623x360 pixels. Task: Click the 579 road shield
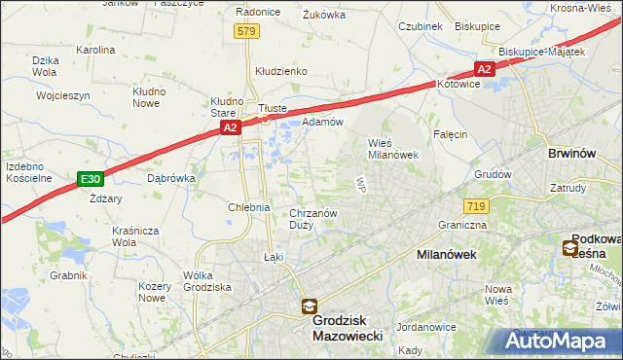coord(246,32)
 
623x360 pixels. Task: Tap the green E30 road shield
coord(90,179)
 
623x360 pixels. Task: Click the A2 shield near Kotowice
coord(484,68)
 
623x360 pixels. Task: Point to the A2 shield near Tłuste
coord(230,127)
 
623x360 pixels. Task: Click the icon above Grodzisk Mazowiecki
coord(309,306)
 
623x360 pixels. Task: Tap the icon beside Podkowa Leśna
coord(569,248)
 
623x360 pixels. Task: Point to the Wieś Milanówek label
coord(392,148)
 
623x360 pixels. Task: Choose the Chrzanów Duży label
coord(313,219)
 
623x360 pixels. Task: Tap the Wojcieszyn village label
coord(63,96)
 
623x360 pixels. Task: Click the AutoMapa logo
coord(558,341)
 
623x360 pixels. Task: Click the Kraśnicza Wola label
coord(135,236)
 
